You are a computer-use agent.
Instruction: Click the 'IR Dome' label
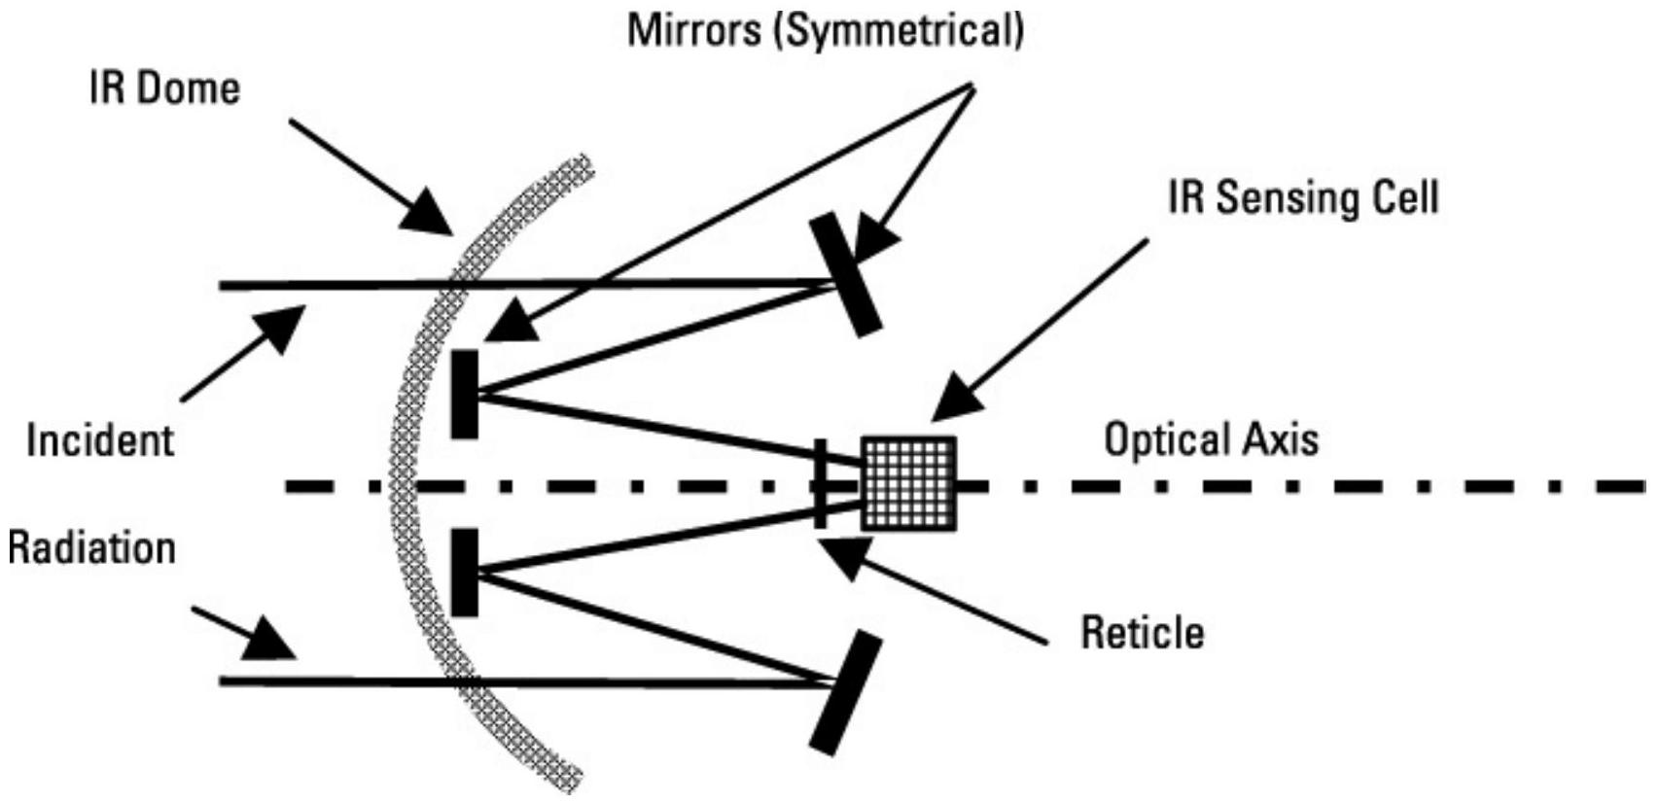click(163, 89)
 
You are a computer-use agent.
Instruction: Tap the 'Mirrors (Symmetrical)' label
click(825, 30)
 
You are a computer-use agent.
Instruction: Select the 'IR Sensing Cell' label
click(1303, 198)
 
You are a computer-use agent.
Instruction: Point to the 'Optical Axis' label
click(1211, 439)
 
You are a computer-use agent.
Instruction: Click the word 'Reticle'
click(1142, 633)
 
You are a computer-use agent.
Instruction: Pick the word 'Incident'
click(99, 440)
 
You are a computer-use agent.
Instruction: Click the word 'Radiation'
click(91, 547)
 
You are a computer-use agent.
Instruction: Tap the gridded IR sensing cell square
click(909, 483)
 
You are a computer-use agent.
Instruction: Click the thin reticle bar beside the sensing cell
click(821, 483)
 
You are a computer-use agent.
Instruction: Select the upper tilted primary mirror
click(845, 276)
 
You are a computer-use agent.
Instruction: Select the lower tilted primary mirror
click(845, 692)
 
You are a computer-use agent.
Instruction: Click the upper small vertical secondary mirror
click(465, 394)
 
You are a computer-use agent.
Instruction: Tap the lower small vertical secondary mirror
click(465, 573)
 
